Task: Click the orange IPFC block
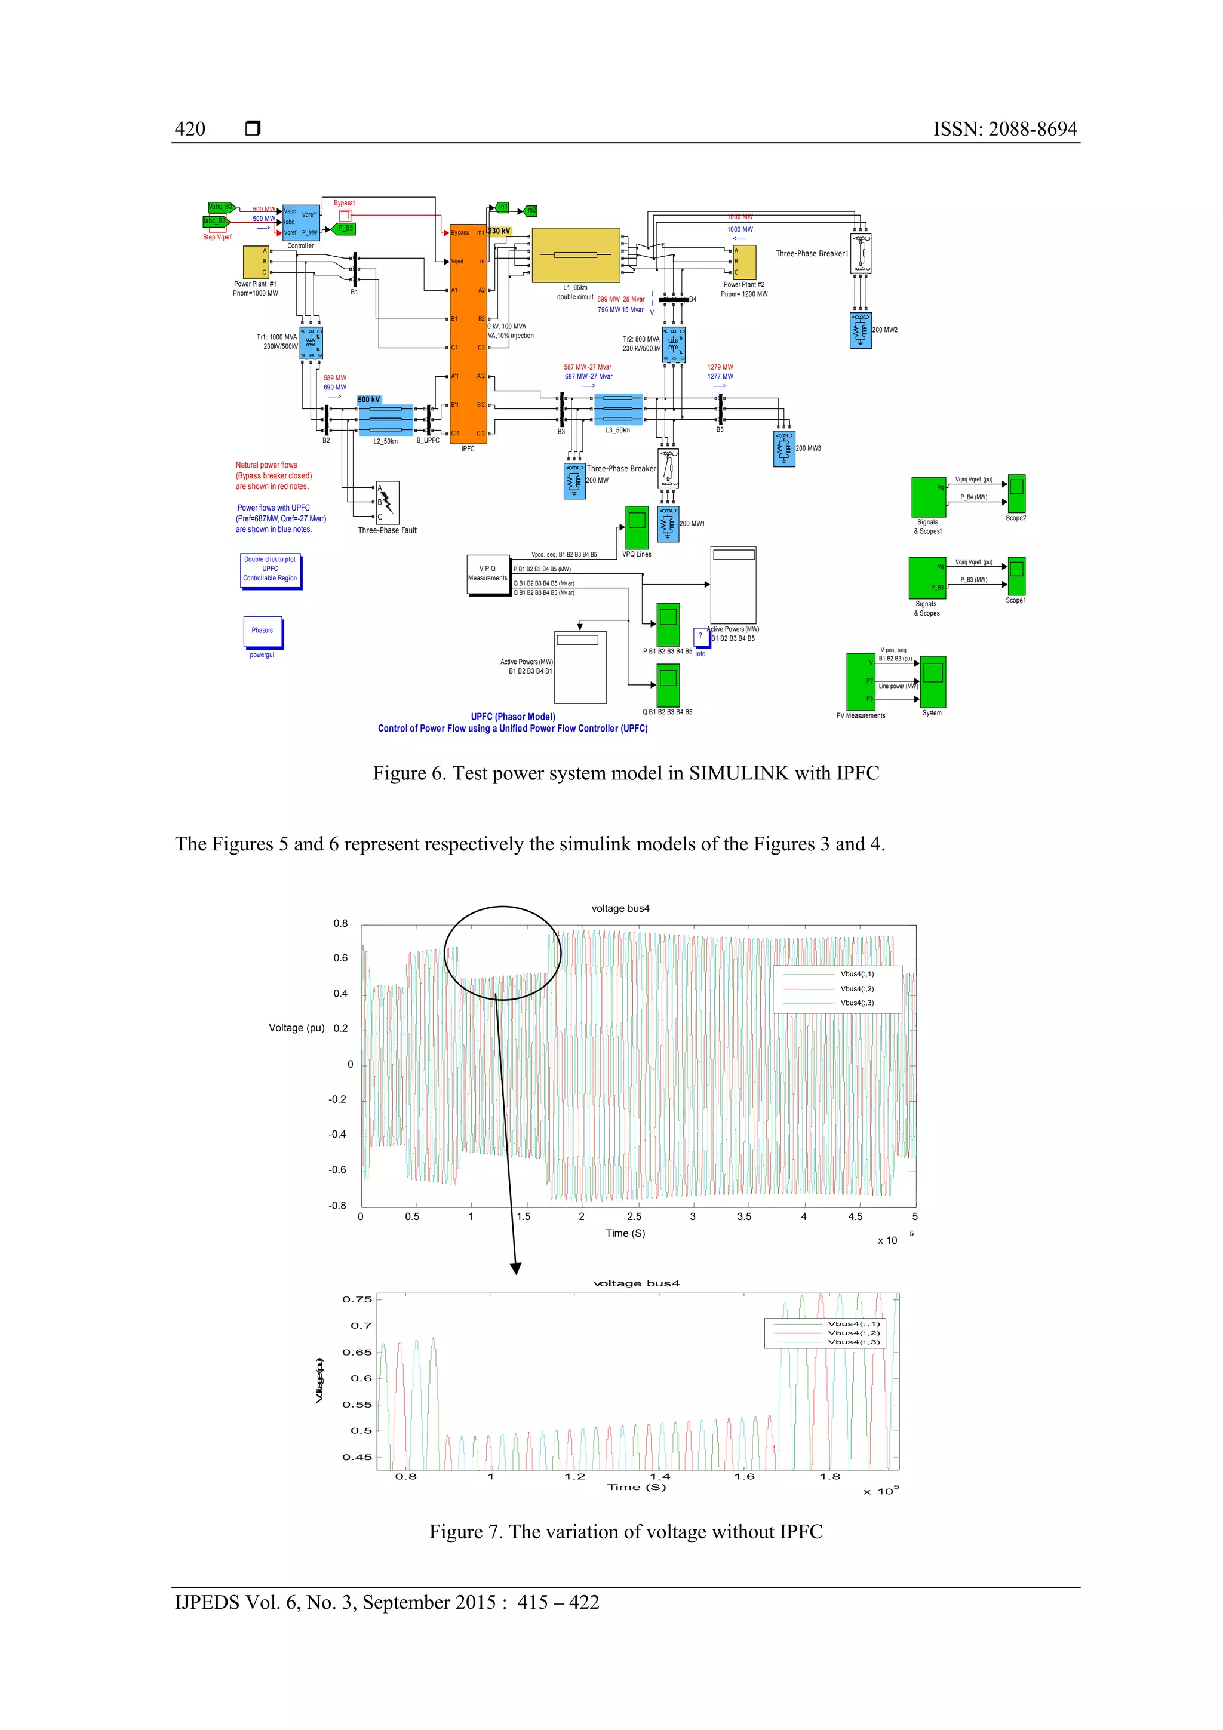[x=468, y=334]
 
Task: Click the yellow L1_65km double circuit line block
[x=576, y=254]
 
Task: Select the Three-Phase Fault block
[x=388, y=501]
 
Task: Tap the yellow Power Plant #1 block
[x=256, y=262]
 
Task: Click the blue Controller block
[x=300, y=222]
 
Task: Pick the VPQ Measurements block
[x=487, y=574]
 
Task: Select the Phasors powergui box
[x=262, y=631]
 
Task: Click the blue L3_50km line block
[x=618, y=409]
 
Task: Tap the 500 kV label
[x=368, y=400]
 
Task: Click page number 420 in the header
[x=190, y=129]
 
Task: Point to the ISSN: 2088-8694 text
[x=1004, y=129]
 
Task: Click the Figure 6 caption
[x=625, y=773]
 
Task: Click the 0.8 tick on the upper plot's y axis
[x=340, y=924]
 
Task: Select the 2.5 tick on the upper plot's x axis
[x=634, y=1216]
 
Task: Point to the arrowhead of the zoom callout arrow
[x=515, y=1269]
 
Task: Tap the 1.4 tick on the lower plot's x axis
[x=660, y=1476]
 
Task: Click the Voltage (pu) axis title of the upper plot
[x=296, y=1028]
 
